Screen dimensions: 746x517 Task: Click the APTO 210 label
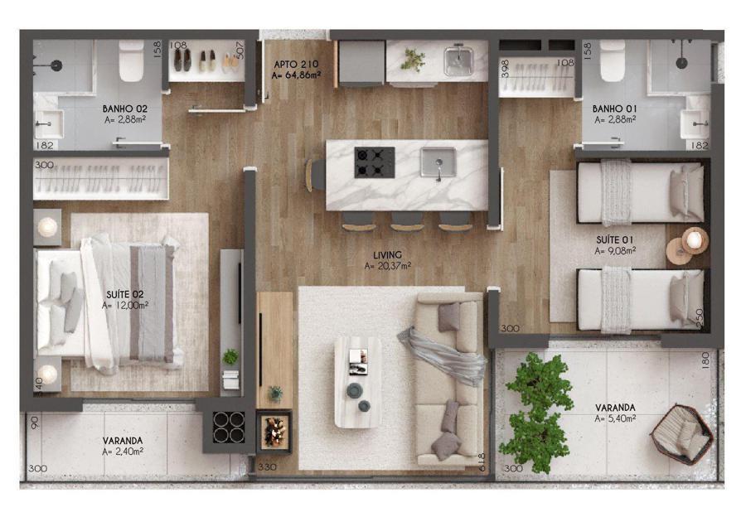[x=296, y=64]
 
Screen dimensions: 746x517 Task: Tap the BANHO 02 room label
[x=124, y=109]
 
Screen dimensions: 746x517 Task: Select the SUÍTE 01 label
[x=615, y=239]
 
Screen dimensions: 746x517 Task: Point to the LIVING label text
[x=387, y=255]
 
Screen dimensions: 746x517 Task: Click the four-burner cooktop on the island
[x=375, y=162]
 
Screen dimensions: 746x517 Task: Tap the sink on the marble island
[x=438, y=162]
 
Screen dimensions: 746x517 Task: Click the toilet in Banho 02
[x=131, y=60]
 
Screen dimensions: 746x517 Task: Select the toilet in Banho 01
[x=613, y=60]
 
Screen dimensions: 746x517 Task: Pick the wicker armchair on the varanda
[x=682, y=434]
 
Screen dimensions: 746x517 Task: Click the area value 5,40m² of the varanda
[x=615, y=419]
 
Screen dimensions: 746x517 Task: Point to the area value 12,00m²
[x=124, y=306]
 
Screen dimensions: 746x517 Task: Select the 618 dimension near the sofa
[x=482, y=461]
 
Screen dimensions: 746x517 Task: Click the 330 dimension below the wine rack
[x=267, y=467]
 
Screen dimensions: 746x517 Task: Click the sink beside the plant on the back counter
[x=458, y=60]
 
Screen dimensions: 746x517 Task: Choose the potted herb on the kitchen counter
[x=413, y=59]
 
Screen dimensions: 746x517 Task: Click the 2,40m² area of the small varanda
[x=123, y=452]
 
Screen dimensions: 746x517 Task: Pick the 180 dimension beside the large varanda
[x=705, y=360]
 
